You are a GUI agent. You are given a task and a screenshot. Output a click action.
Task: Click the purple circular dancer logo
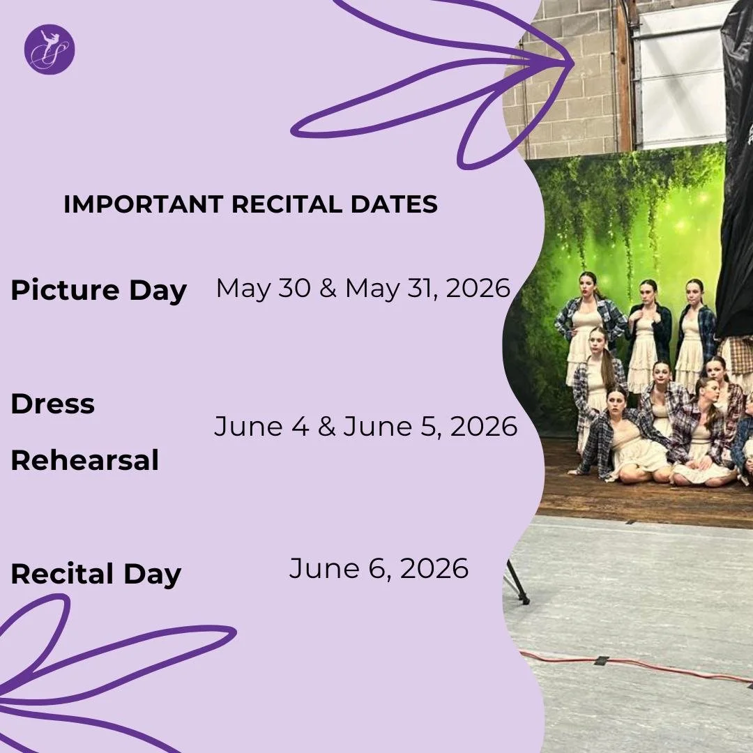click(49, 49)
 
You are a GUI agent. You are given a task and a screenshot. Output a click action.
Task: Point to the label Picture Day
click(98, 290)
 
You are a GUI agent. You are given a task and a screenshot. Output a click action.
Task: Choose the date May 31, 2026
click(428, 288)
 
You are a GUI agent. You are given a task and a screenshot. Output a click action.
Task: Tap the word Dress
click(52, 404)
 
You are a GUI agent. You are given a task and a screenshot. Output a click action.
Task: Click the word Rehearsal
click(84, 460)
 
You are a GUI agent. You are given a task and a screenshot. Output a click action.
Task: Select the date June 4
click(261, 427)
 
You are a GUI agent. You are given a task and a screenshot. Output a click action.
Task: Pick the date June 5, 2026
click(430, 427)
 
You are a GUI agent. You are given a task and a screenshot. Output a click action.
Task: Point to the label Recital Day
click(96, 575)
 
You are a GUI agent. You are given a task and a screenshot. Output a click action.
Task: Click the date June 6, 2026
click(379, 569)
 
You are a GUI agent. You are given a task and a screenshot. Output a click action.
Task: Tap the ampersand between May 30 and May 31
click(328, 289)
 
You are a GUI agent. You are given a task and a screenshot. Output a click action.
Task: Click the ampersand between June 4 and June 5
click(326, 427)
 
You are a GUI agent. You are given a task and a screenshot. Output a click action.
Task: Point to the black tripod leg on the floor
click(517, 582)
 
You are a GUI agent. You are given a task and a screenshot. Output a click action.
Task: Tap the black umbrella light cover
click(736, 174)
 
